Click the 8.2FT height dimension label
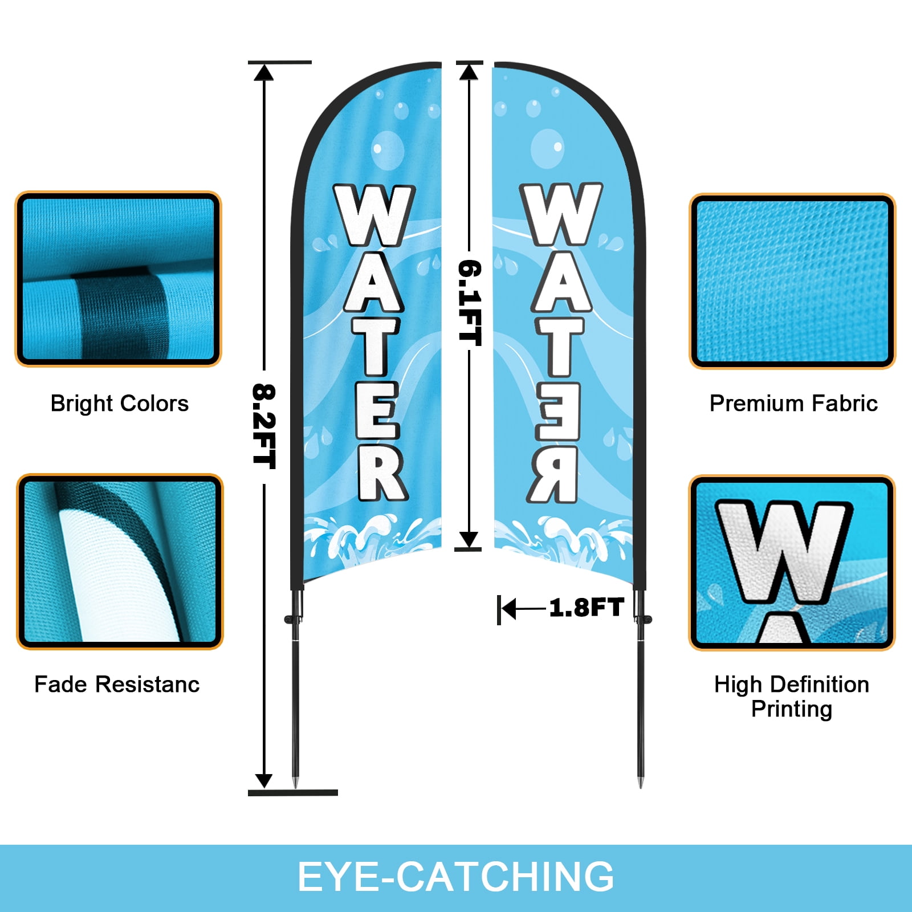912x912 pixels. click(x=264, y=426)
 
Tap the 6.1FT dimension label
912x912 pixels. click(x=470, y=303)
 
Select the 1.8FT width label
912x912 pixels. click(x=587, y=608)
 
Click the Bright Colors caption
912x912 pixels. click(x=120, y=404)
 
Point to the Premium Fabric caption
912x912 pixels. click(x=793, y=404)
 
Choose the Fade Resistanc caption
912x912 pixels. click(x=117, y=684)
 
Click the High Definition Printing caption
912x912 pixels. click(x=792, y=697)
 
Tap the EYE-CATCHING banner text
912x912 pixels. click(x=456, y=877)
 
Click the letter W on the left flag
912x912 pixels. click(x=374, y=215)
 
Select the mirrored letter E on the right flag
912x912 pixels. click(x=558, y=411)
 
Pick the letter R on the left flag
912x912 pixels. click(x=381, y=473)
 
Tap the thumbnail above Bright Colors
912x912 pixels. click(x=118, y=279)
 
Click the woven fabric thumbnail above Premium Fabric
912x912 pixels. click(x=792, y=281)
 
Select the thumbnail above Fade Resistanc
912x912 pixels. click(x=120, y=561)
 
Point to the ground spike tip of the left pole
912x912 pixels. click(x=295, y=787)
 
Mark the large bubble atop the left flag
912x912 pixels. click(x=388, y=150)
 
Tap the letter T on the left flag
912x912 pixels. click(x=375, y=346)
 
